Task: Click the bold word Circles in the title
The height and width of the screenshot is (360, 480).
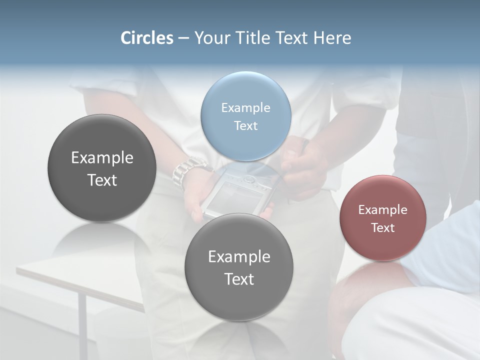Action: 147,38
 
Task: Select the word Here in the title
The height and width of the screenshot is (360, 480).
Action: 332,38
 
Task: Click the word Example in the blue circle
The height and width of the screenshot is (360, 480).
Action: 245,107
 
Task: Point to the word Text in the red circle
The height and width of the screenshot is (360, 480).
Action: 383,228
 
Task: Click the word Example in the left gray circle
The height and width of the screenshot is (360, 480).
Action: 102,158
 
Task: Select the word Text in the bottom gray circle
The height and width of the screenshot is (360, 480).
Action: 239,279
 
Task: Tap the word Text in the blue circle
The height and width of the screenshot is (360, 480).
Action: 245,125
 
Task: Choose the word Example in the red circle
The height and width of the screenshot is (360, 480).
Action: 383,210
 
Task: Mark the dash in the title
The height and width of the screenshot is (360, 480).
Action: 183,38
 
